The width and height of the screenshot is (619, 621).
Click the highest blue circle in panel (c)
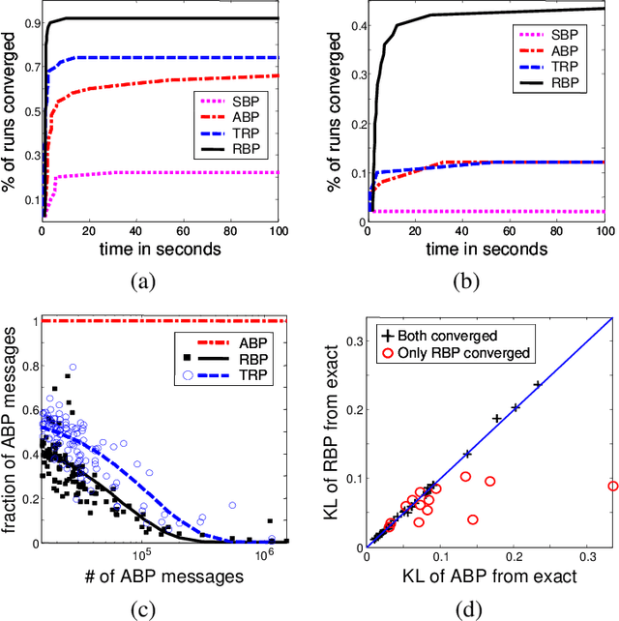point(72,368)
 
